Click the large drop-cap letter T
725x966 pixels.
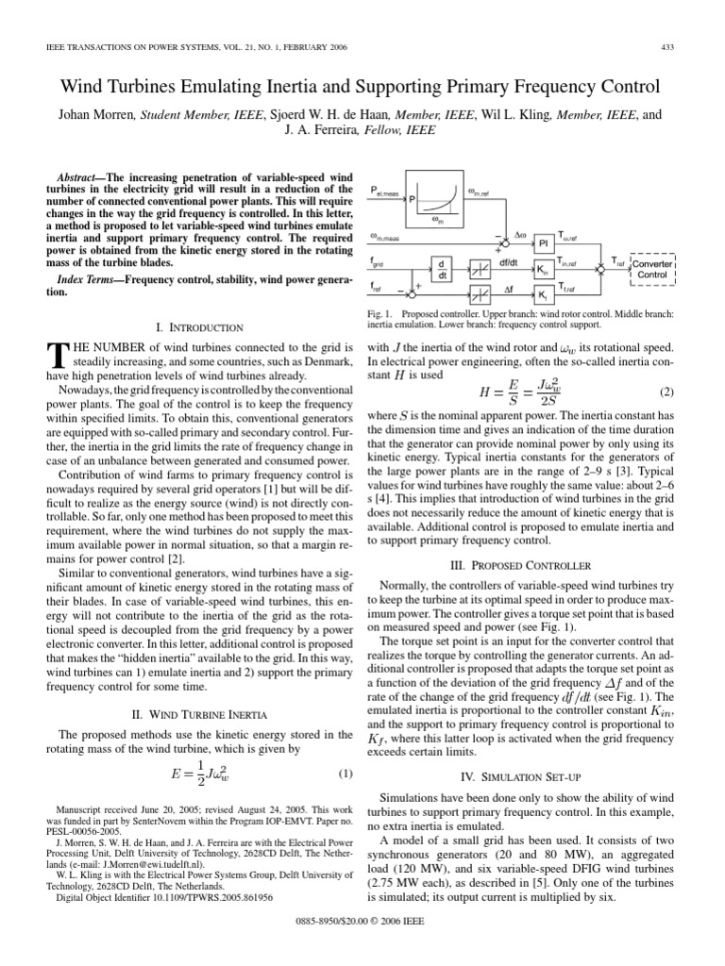point(56,355)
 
